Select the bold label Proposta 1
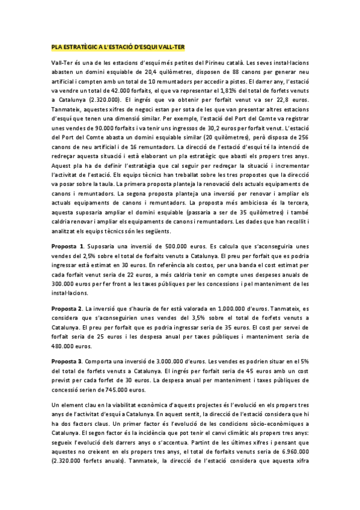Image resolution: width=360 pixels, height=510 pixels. coord(67,247)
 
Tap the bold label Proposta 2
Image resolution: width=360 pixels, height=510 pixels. coord(67,308)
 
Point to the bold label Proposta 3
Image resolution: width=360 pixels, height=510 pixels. coord(67,361)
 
